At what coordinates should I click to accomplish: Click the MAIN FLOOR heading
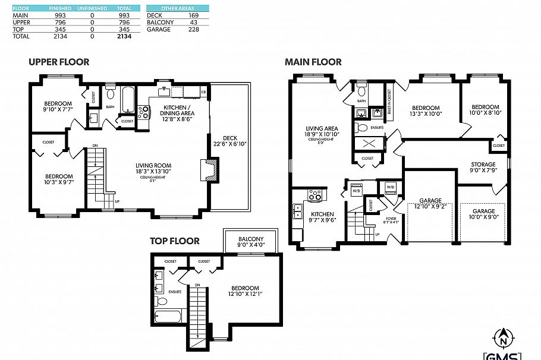[x=313, y=62]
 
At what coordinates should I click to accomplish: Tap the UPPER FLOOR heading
[x=59, y=62]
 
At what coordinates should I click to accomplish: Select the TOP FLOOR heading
[x=174, y=241]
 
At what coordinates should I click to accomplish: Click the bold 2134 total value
[x=125, y=36]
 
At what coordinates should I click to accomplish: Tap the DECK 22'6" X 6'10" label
[x=230, y=141]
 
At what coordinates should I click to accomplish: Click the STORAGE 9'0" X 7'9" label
[x=483, y=168]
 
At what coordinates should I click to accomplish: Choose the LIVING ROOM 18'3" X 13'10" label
[x=153, y=169]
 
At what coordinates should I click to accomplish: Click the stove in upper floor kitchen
[x=143, y=112]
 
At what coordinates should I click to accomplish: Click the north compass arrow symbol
[x=504, y=338]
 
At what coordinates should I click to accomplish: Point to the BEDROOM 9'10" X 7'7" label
[x=58, y=106]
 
